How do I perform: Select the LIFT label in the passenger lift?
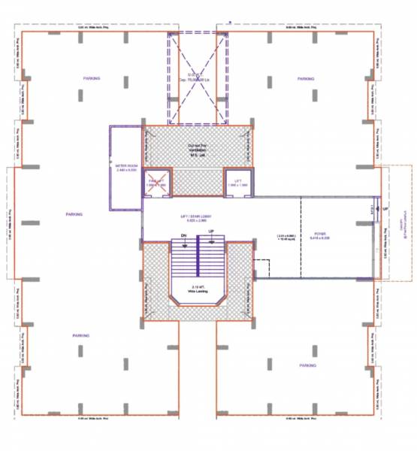point(238,180)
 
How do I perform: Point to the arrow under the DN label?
point(183,243)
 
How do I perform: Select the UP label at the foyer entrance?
point(385,208)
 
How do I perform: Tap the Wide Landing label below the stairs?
point(199,290)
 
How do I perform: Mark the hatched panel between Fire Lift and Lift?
point(198,183)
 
